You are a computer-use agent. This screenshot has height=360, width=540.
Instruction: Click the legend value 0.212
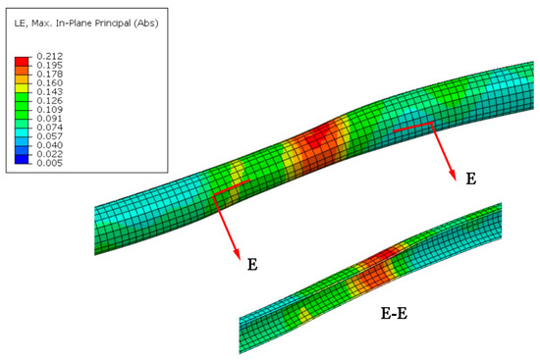50,56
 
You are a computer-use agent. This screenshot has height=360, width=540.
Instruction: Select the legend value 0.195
50,65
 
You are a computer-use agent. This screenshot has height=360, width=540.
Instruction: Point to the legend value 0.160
50,83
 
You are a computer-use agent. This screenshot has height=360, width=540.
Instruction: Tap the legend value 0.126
50,100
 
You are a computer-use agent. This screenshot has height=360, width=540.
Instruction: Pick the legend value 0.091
50,119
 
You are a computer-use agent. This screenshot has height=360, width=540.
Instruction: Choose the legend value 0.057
50,136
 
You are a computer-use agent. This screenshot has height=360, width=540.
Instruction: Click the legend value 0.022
50,154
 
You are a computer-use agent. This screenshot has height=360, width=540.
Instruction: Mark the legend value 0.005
50,163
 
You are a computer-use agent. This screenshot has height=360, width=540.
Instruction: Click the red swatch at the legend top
22,62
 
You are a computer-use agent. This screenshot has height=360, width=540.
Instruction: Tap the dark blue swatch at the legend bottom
22,159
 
